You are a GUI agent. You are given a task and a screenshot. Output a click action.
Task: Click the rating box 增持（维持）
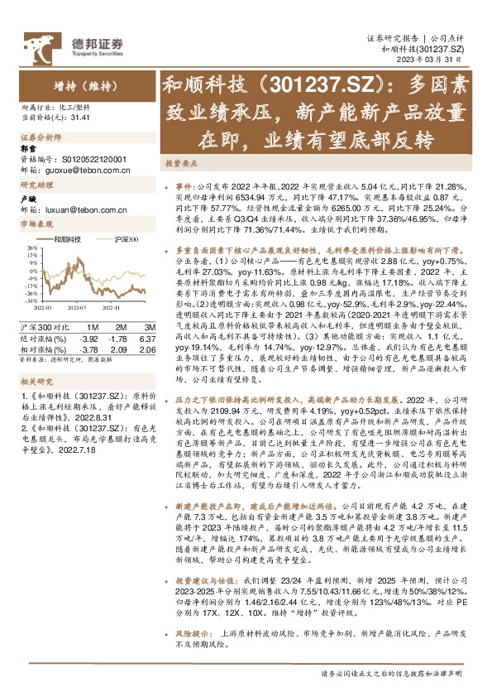coord(81,84)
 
